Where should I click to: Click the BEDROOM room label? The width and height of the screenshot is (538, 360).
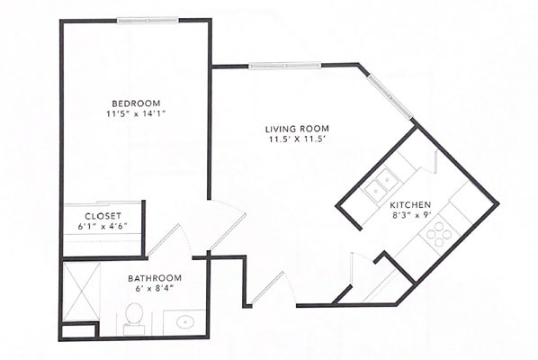click(136, 103)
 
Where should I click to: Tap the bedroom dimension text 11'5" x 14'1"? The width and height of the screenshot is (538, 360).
click(136, 114)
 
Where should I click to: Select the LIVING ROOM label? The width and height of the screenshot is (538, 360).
click(297, 129)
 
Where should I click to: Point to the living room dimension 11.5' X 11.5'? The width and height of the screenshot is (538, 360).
click(297, 139)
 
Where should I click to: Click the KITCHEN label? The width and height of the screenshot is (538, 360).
click(410, 205)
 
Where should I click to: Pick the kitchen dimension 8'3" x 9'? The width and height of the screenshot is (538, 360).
click(410, 216)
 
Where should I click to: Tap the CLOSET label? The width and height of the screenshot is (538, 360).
click(103, 216)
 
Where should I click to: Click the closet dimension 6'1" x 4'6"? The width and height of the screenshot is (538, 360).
click(103, 226)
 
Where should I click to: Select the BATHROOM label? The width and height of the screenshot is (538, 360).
click(155, 278)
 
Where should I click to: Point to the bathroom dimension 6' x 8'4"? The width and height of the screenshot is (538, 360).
click(154, 289)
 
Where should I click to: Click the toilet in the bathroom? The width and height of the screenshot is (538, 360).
click(134, 319)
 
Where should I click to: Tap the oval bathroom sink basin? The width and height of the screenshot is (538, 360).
click(185, 322)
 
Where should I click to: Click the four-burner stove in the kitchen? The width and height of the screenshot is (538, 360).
click(439, 234)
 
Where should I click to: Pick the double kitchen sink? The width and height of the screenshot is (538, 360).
click(381, 184)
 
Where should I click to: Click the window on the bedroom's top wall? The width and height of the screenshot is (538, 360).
click(148, 21)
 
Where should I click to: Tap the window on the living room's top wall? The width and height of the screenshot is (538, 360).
click(285, 66)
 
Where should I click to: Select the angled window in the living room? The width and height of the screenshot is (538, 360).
click(389, 97)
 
